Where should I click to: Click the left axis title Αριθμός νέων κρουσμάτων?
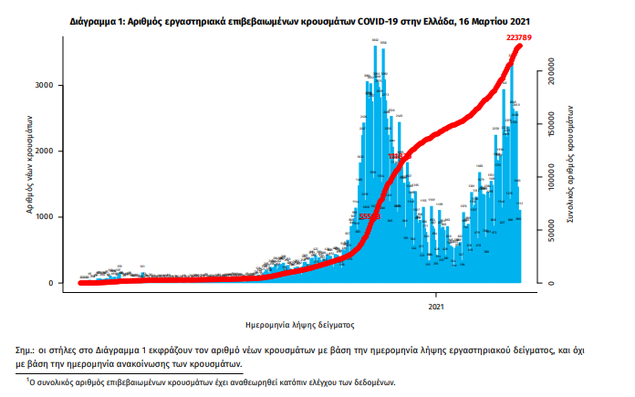click(30, 165)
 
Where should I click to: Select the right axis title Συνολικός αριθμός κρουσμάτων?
click(570, 163)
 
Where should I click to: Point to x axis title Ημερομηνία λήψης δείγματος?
click(300, 324)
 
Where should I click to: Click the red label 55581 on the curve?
click(368, 216)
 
